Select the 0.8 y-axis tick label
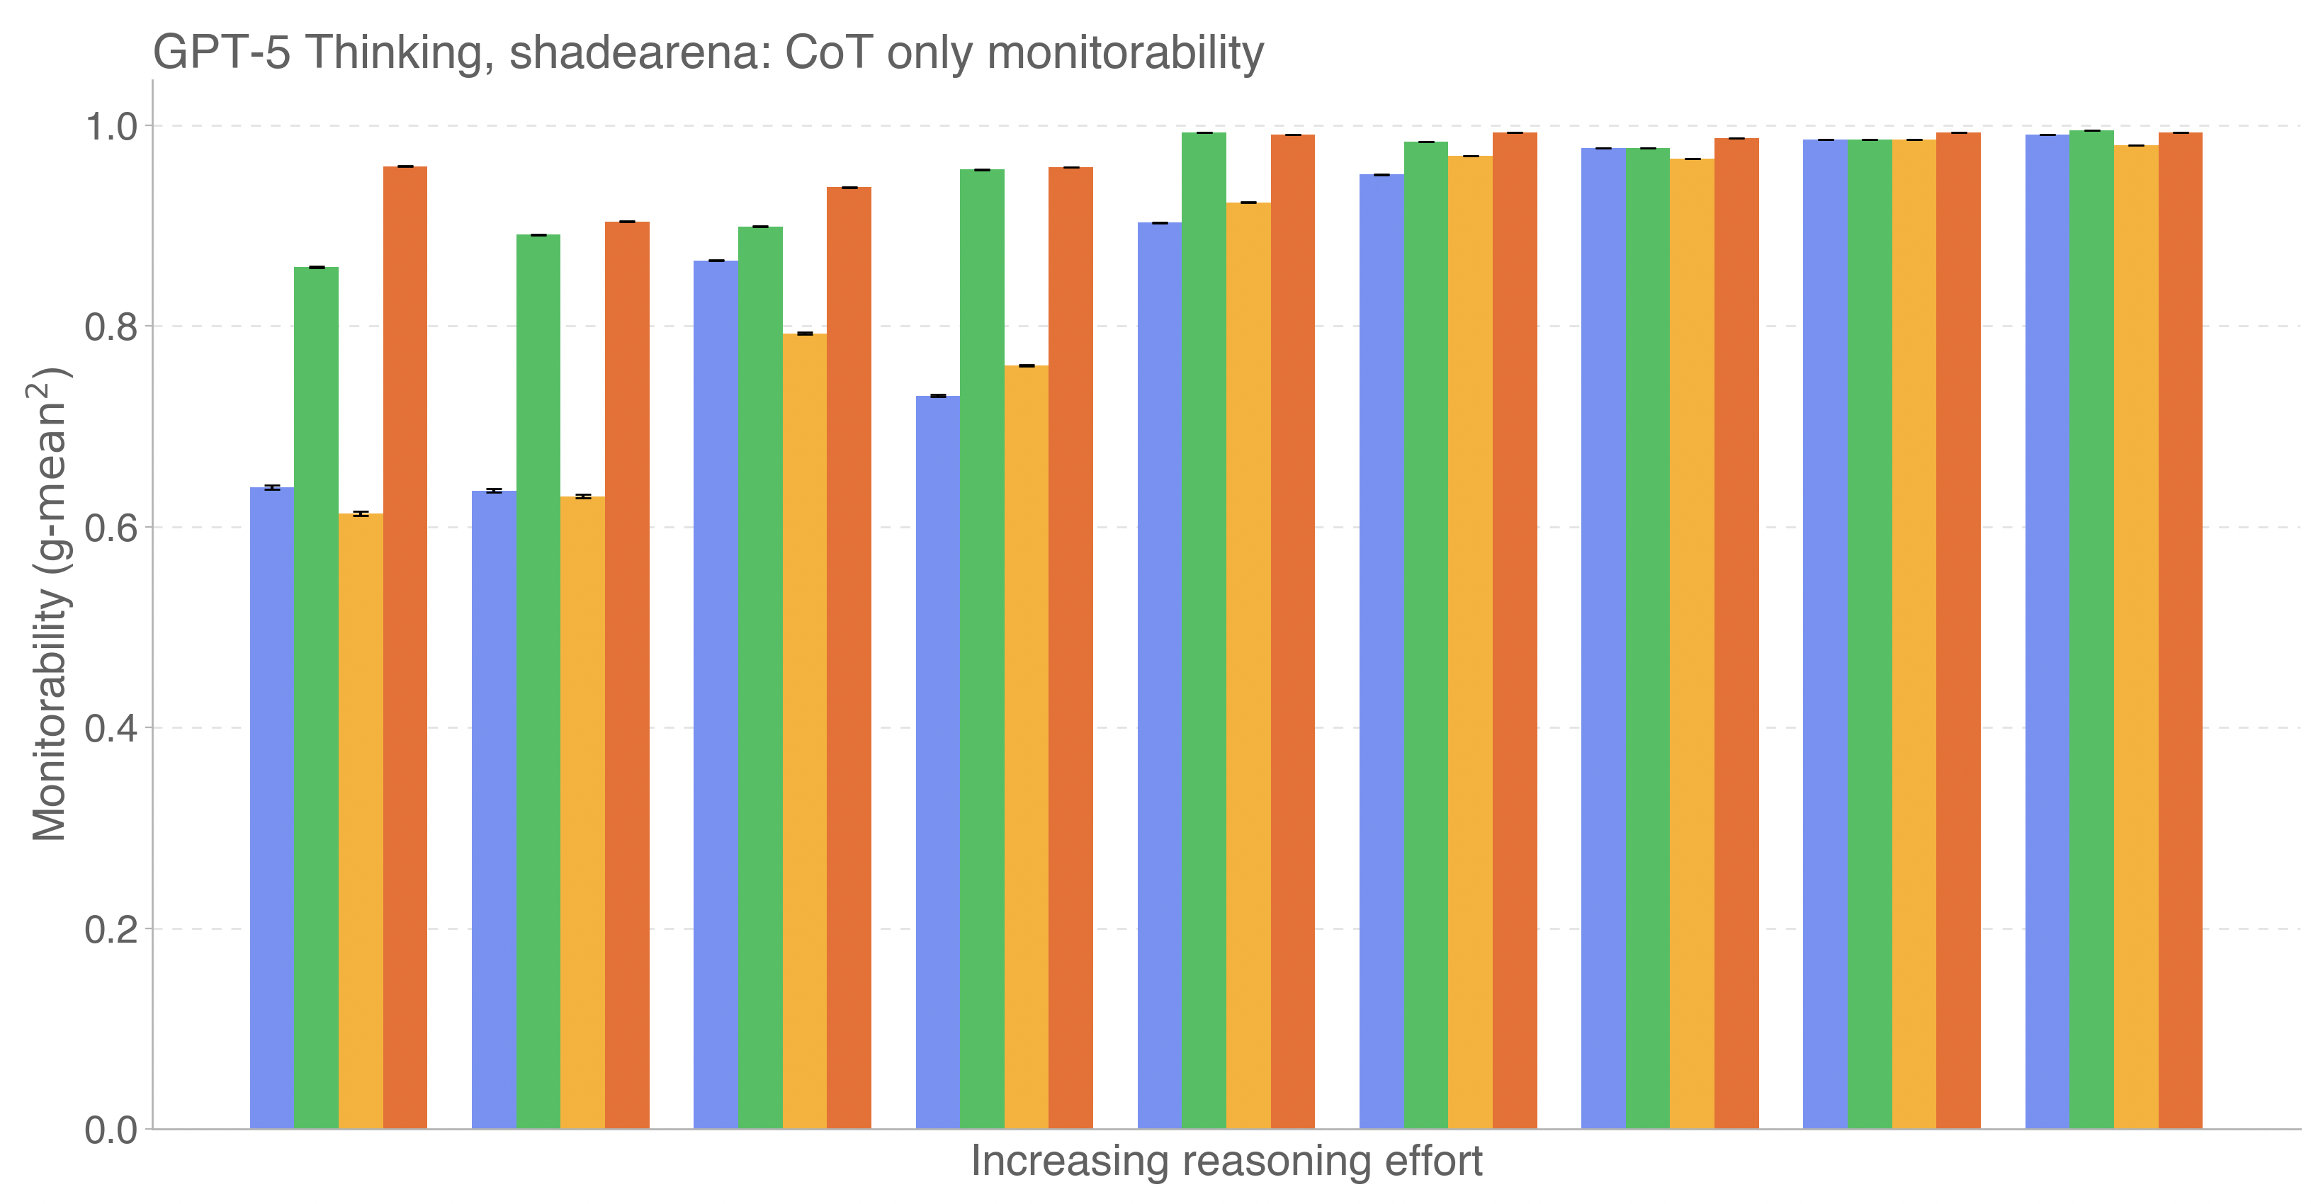coord(111,327)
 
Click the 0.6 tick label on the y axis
coord(111,528)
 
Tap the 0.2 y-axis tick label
coord(111,929)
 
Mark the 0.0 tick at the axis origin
coord(111,1130)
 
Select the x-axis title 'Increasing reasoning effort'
coord(1226,1161)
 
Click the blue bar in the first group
coord(272,807)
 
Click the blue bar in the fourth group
coord(937,763)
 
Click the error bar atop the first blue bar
coord(272,488)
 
